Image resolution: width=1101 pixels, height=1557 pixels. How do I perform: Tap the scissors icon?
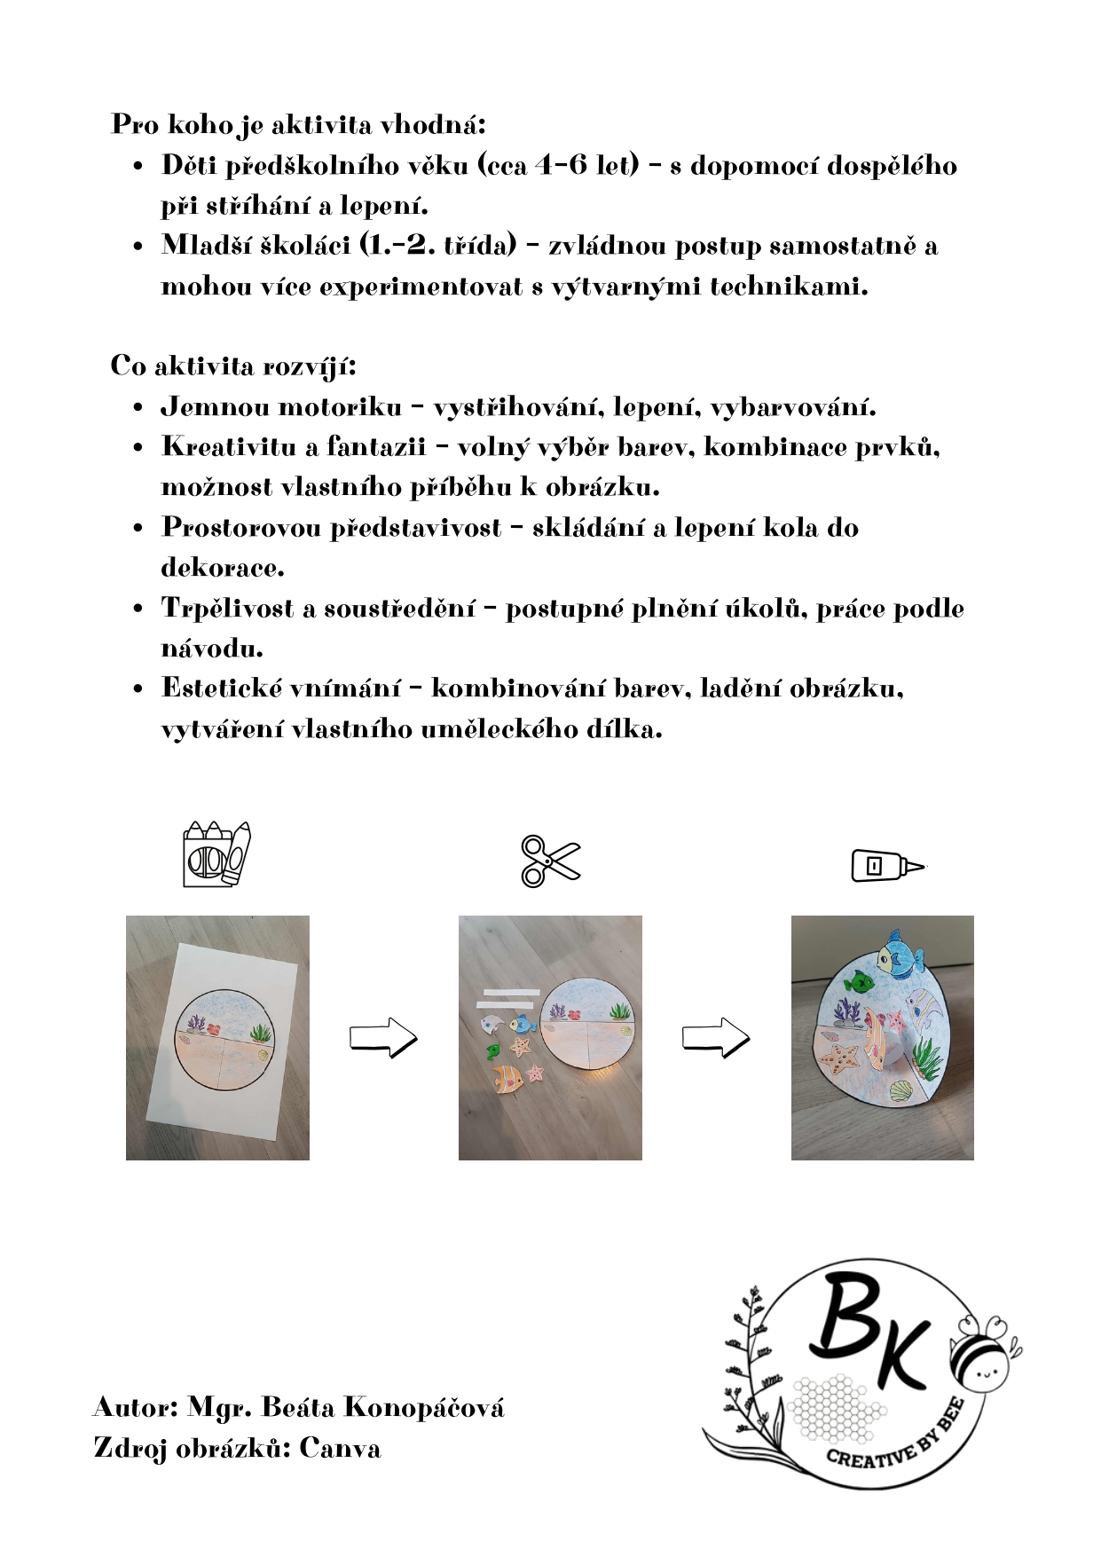click(x=549, y=860)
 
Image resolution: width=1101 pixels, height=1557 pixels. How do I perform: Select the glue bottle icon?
click(x=886, y=865)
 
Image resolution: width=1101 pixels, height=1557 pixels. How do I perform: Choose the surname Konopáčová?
click(x=423, y=1408)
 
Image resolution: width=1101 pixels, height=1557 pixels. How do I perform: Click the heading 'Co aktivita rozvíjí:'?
click(x=233, y=366)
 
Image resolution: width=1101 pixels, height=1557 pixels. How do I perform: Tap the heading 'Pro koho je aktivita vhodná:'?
click(x=298, y=124)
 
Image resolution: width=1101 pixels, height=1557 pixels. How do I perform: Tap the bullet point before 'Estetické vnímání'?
click(x=138, y=689)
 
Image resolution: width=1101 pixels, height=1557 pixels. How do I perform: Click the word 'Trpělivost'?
click(x=227, y=609)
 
